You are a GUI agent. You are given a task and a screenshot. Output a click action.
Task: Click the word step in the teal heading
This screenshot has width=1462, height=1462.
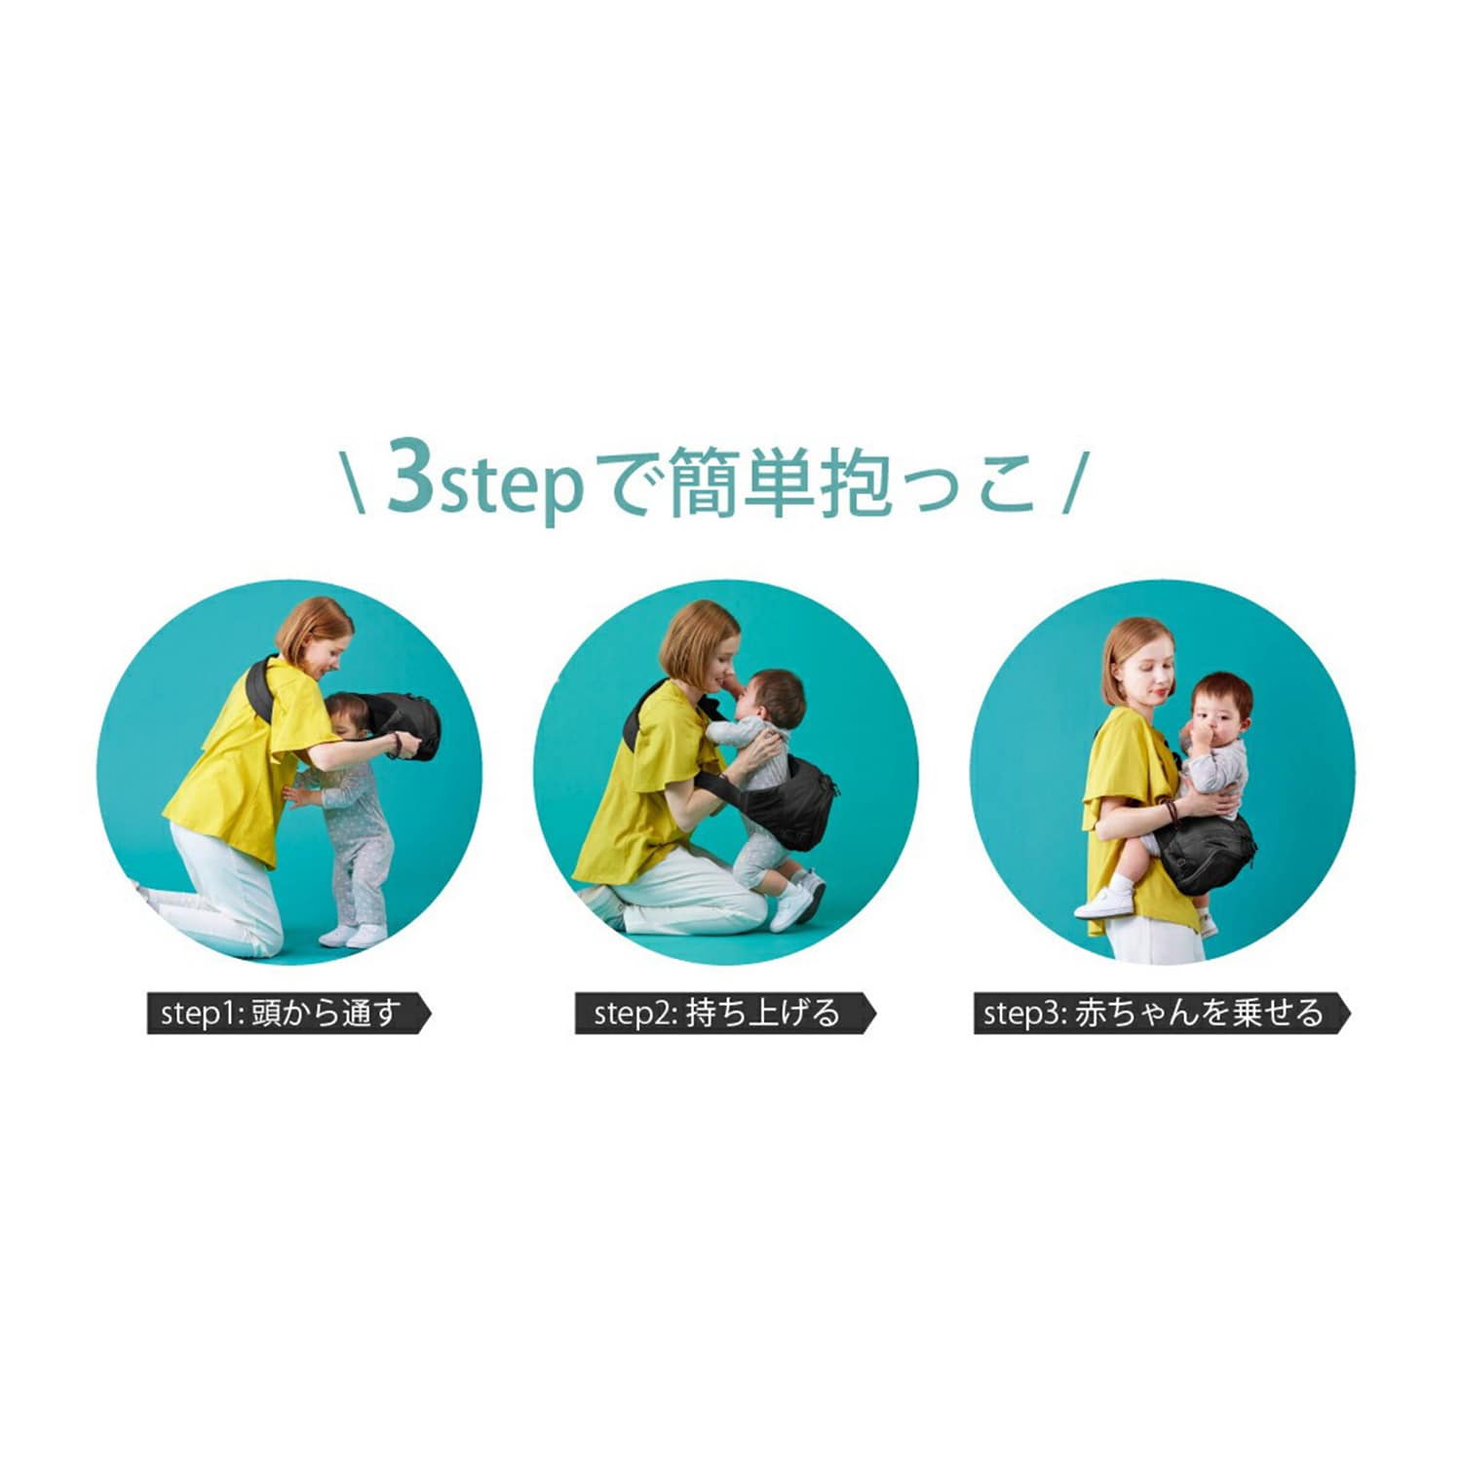tap(512, 485)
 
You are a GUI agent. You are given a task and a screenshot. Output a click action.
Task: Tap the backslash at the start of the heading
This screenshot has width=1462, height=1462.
tap(357, 481)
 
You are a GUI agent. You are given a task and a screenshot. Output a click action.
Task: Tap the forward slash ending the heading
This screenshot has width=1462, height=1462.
tap(1072, 481)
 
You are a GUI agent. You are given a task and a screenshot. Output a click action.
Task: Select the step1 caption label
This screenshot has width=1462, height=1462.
tap(289, 1014)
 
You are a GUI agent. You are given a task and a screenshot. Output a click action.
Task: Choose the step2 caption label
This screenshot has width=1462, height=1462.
tap(725, 1014)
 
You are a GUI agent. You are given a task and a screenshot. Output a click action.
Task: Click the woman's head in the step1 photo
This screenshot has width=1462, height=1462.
tap(315, 637)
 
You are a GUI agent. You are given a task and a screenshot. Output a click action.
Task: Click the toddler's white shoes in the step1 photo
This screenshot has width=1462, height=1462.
tap(353, 936)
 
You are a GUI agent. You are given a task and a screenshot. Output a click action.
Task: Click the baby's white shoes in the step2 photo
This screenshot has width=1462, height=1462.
tap(797, 902)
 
